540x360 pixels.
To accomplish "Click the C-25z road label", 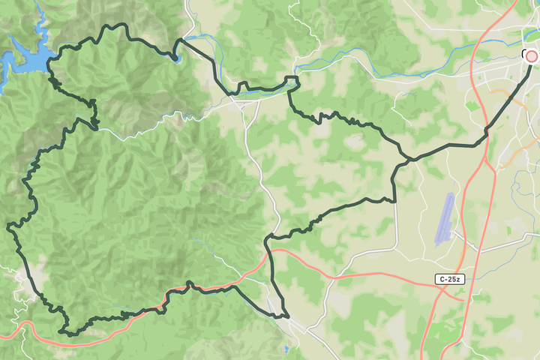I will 450,279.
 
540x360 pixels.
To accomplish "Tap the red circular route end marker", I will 532,55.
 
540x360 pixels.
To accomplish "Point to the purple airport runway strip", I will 445,218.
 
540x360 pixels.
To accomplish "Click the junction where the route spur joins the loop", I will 409,159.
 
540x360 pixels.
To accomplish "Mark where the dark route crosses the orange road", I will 268,253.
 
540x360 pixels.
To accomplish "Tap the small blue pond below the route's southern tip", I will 286,349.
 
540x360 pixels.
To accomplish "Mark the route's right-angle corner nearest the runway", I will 394,199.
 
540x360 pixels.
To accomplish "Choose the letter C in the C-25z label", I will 442,279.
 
